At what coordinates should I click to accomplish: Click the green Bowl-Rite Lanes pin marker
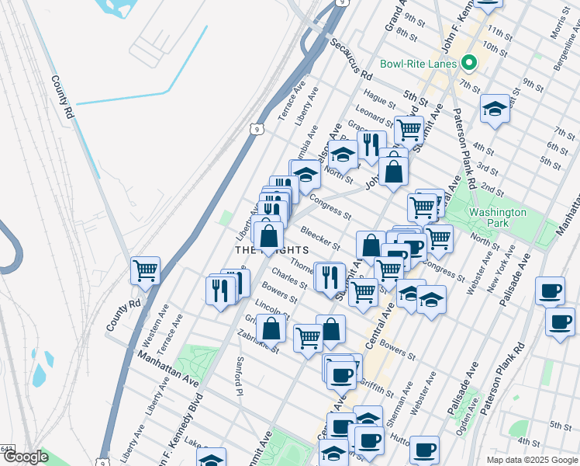(468, 64)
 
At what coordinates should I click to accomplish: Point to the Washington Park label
(497, 217)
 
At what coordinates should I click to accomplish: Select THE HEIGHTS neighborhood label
(272, 250)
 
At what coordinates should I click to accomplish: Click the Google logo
(26, 457)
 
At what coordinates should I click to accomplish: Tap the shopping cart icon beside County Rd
(146, 271)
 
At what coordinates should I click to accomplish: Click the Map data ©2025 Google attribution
(531, 459)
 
